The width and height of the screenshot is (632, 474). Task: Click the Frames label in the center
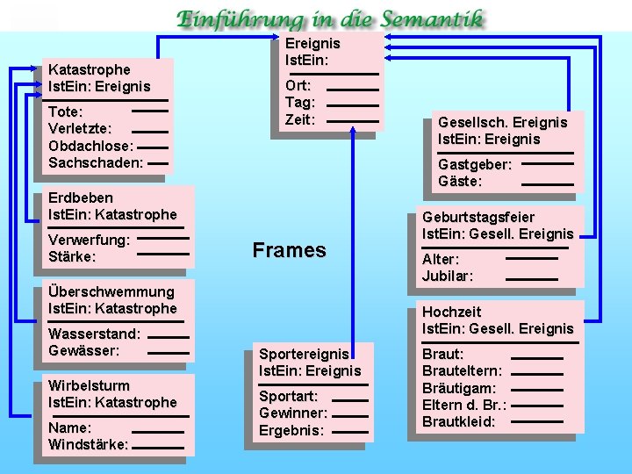coord(289,250)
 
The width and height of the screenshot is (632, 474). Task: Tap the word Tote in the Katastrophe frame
coord(65,112)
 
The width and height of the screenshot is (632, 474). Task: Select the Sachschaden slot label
coord(96,162)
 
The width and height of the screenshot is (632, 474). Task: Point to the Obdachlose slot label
coord(90,146)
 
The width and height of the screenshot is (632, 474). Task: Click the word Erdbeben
coord(81,197)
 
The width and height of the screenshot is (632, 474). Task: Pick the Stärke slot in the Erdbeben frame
coord(72,256)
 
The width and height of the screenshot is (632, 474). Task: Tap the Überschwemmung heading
coord(111,291)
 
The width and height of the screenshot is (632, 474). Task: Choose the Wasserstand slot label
coord(94,334)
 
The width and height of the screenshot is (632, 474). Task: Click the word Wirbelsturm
coord(89,386)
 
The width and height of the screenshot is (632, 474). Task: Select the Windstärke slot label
coord(88,445)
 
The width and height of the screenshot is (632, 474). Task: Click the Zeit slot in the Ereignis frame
coord(299,119)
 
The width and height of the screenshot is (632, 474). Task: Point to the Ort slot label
coord(297,85)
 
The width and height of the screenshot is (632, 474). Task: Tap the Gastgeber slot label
coord(475,164)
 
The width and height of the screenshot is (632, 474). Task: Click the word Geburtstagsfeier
coord(478,217)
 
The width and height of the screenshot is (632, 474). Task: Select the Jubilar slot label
coord(448,276)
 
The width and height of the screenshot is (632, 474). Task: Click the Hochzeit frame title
coord(452,312)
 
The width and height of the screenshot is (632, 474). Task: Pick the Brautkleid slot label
coord(458,421)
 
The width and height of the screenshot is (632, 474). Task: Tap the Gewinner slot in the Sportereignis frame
coord(293,413)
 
